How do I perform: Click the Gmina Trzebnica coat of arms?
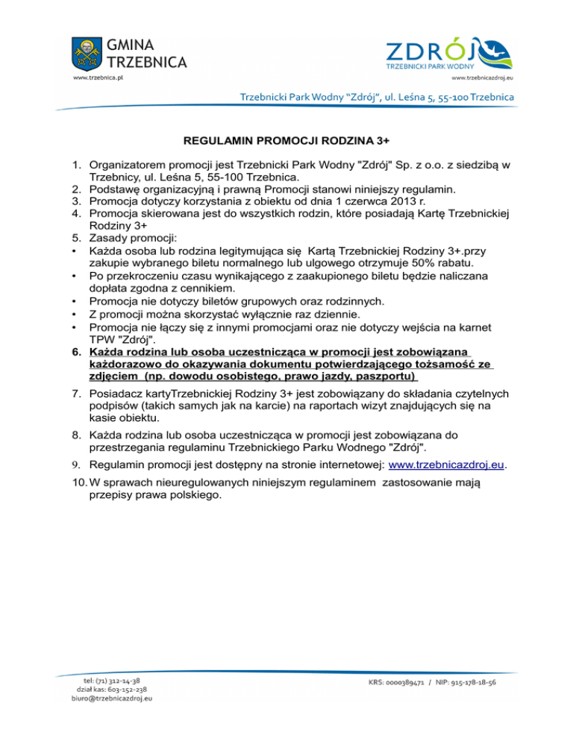click(87, 51)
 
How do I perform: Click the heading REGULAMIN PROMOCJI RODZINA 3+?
click(286, 139)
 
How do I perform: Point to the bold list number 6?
click(77, 350)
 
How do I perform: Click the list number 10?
click(78, 484)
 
